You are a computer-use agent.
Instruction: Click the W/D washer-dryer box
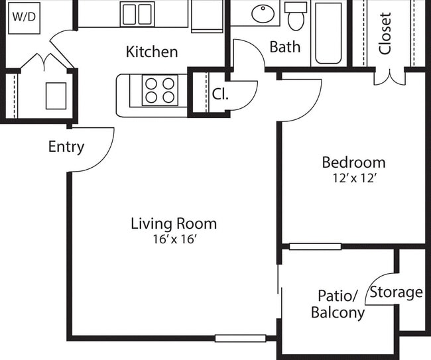[25, 17]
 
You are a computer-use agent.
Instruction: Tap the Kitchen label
[152, 52]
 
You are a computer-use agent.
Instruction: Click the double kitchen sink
[137, 14]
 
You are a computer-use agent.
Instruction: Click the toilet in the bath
[296, 17]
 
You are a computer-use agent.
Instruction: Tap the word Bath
[285, 47]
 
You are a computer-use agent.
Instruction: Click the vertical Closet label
[385, 33]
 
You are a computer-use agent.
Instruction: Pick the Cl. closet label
[220, 94]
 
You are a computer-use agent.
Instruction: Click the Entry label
[66, 147]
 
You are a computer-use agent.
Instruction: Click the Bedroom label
[353, 162]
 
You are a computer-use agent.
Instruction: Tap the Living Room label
[174, 223]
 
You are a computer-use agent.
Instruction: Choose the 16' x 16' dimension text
[174, 239]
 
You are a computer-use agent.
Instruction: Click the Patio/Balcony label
[338, 304]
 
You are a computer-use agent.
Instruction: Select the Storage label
[396, 292]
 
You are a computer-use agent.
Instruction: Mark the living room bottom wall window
[240, 338]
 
